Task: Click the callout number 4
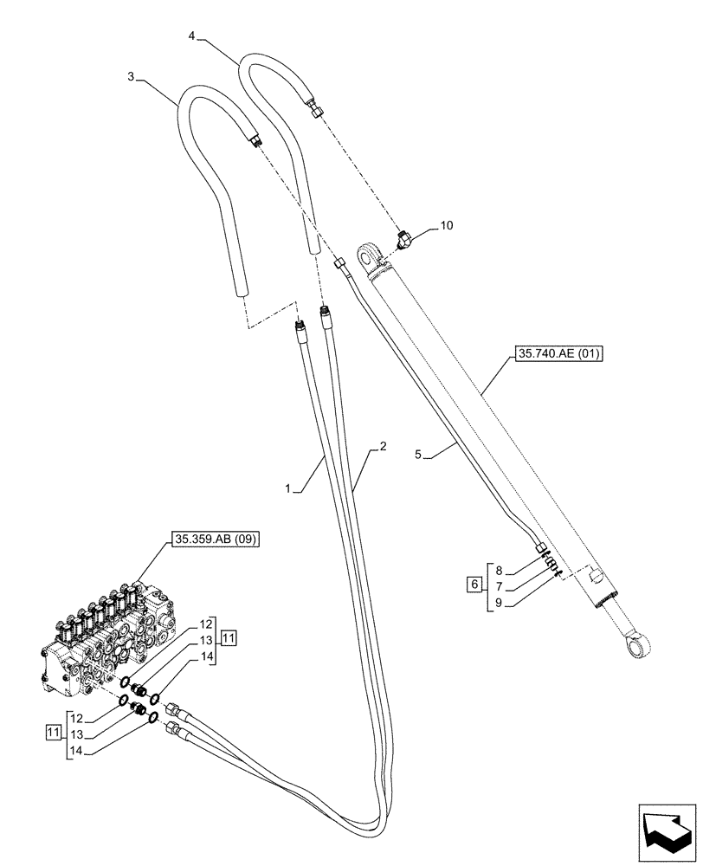(x=191, y=36)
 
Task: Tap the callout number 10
(x=446, y=225)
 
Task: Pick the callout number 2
(x=382, y=448)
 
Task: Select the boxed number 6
(x=473, y=585)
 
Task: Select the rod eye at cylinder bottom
(x=637, y=644)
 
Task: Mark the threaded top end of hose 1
(x=300, y=326)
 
